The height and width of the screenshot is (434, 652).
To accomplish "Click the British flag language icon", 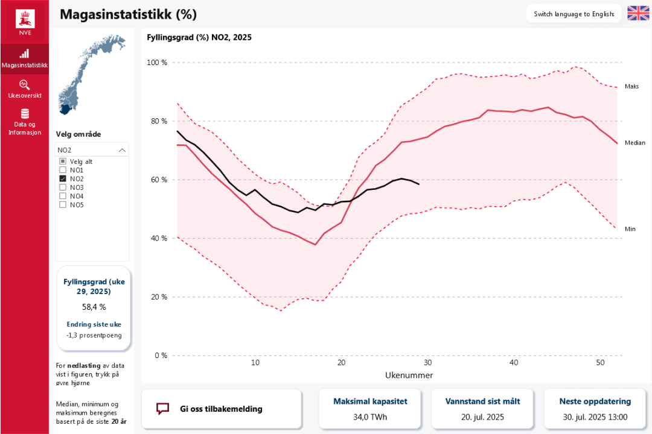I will click(638, 13).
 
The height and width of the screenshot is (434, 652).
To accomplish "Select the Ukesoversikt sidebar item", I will click(24, 89).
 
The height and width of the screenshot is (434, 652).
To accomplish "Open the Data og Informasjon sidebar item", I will click(24, 121).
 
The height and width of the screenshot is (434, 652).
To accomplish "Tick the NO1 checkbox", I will click(63, 171).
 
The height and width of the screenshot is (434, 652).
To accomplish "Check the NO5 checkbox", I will click(63, 204).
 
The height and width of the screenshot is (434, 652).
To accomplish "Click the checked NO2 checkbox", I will click(63, 179).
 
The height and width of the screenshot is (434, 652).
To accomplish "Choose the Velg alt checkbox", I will click(63, 162).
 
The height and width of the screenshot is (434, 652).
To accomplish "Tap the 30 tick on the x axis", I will click(427, 363).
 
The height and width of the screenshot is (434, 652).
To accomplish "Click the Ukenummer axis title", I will click(409, 376).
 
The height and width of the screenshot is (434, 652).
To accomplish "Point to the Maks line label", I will click(631, 87).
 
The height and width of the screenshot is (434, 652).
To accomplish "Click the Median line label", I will click(634, 143).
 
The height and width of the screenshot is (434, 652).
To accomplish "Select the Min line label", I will click(630, 229).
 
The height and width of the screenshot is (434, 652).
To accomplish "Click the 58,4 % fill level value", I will click(94, 307).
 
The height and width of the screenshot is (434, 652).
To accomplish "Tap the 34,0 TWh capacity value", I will click(371, 417).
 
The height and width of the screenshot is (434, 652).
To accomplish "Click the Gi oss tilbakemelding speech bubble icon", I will click(162, 409).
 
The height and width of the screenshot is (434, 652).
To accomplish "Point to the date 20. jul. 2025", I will click(482, 417).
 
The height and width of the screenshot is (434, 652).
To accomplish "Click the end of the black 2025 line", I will click(419, 184).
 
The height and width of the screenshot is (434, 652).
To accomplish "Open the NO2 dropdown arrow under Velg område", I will click(122, 150).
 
